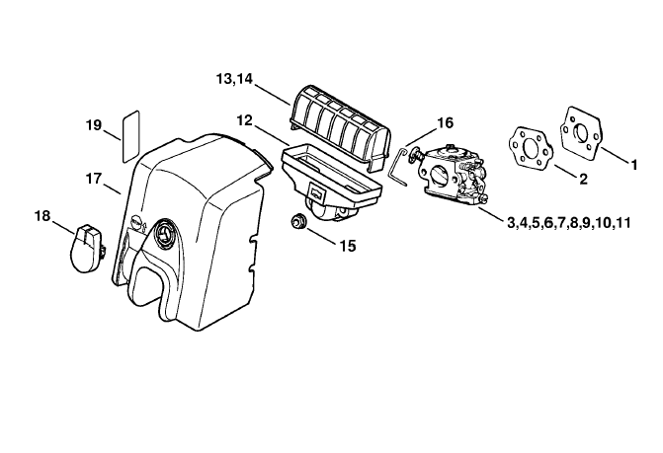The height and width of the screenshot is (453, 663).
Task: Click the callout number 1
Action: [x=633, y=165]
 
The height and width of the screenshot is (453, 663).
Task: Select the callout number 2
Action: [x=584, y=179]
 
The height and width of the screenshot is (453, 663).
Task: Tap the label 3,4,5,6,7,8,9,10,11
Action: [x=569, y=222]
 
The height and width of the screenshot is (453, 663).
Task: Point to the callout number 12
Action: [x=244, y=120]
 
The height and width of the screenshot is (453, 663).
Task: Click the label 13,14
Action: [x=234, y=79]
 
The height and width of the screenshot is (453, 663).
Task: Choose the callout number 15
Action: [x=348, y=246]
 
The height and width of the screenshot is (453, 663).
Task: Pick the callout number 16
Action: [x=445, y=122]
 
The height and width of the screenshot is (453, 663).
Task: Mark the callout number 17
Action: [x=94, y=179]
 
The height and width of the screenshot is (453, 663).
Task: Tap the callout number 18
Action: [x=42, y=216]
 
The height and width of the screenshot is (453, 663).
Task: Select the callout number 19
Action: [x=94, y=125]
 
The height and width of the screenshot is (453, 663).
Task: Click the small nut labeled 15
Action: [x=298, y=221]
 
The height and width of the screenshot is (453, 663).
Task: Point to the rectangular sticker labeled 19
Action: [x=130, y=136]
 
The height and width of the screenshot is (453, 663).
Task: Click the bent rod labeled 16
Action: [x=397, y=166]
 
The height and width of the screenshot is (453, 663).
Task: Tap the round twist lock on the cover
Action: [x=164, y=232]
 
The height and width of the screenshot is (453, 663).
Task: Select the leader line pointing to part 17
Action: [x=112, y=189]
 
